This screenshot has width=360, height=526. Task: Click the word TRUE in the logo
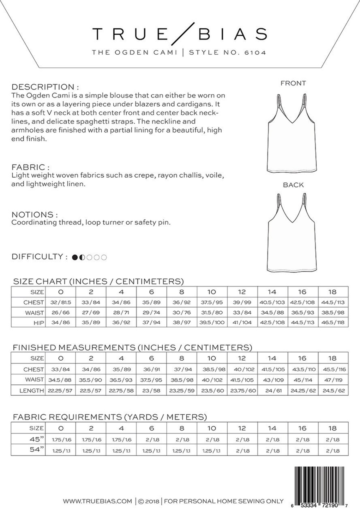[130, 34]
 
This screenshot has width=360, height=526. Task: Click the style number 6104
[255, 52]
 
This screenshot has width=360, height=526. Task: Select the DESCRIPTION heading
[45, 87]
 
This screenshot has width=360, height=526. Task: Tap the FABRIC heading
[30, 167]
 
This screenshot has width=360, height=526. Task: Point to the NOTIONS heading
[34, 215]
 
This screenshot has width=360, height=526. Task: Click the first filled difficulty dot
[75, 257]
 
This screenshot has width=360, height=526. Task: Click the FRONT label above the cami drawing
[293, 83]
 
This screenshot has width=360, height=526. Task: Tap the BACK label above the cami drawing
[293, 185]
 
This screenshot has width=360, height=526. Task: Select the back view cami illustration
[292, 235]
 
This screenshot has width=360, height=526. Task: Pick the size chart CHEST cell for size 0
[61, 302]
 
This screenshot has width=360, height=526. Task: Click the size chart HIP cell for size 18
[333, 322]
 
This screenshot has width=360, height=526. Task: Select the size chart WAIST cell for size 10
[212, 312]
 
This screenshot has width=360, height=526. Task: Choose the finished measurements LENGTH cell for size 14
[272, 390]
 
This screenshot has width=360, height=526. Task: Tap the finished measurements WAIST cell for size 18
[333, 380]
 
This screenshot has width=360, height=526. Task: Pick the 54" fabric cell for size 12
[242, 451]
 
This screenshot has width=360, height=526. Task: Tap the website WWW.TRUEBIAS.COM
[97, 501]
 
